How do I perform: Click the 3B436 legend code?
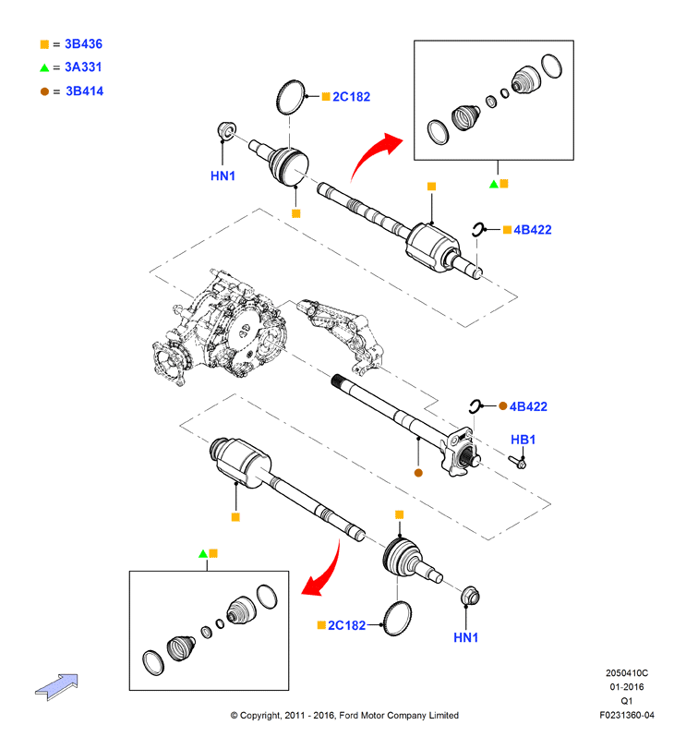click(x=83, y=44)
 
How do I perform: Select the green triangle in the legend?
click(x=44, y=67)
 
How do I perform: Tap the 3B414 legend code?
click(x=85, y=91)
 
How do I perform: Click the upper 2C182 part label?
click(x=352, y=97)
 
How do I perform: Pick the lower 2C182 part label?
click(x=346, y=625)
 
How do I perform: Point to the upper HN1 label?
click(x=223, y=175)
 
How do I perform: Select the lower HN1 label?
click(x=466, y=637)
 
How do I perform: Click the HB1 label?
click(x=524, y=440)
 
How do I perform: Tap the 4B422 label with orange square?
click(x=533, y=230)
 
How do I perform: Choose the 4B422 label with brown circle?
click(x=528, y=406)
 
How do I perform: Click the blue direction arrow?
click(x=57, y=686)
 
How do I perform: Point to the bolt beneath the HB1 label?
click(x=517, y=462)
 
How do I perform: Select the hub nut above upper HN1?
click(x=226, y=131)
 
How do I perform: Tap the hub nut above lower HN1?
click(x=470, y=596)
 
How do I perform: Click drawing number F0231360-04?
click(x=627, y=715)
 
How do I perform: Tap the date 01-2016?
click(x=627, y=687)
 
